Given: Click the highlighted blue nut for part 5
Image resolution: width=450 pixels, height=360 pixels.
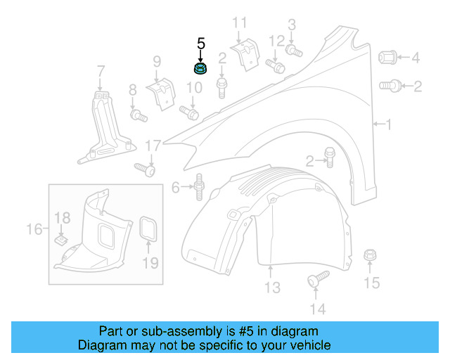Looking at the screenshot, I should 201,68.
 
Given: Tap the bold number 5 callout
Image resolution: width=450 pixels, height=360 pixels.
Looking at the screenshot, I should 201,44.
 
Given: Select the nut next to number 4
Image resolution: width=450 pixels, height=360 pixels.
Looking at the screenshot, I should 390,57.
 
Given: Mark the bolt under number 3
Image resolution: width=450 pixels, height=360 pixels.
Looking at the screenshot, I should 293,50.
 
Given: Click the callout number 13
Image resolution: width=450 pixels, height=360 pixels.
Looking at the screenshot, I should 272,288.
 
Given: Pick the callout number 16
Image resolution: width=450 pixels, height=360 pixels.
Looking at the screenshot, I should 34,229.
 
